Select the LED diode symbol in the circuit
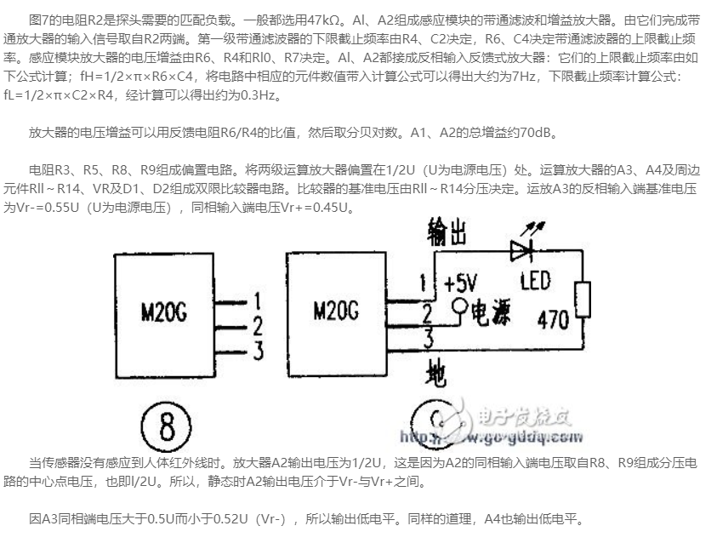coord(521,249)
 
